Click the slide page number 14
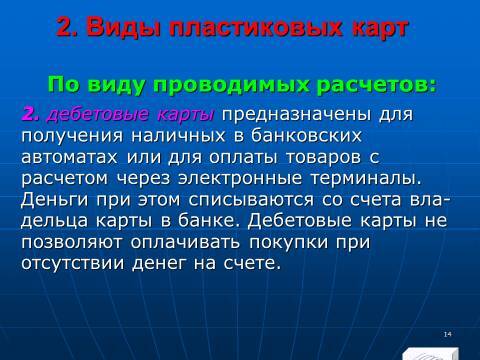pos(446,305)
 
